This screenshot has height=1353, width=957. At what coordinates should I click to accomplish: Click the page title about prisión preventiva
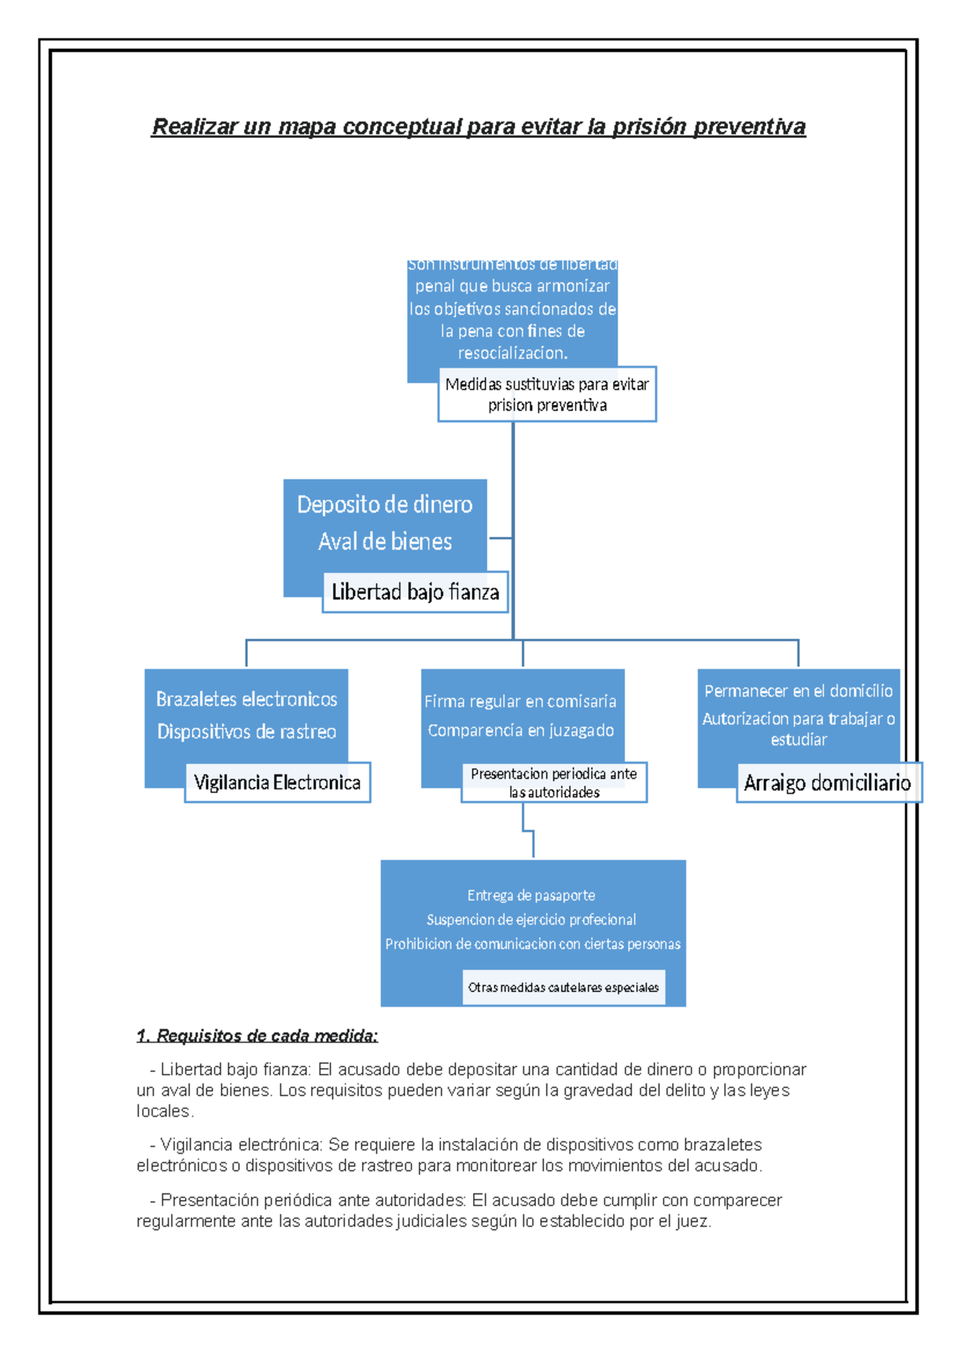[x=478, y=127]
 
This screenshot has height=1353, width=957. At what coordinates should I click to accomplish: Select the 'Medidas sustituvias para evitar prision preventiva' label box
[x=547, y=394]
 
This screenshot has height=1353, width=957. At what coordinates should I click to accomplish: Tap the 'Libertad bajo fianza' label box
[x=415, y=592]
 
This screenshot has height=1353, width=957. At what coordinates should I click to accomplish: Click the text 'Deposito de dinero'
[x=384, y=504]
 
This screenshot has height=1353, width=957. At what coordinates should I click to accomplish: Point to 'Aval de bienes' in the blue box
[x=384, y=542]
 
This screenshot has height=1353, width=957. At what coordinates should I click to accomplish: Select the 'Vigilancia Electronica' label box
[x=277, y=783]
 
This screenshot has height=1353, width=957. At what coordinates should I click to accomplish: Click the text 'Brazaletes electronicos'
[x=246, y=700]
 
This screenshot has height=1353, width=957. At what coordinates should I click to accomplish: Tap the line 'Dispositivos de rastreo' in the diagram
[x=246, y=732]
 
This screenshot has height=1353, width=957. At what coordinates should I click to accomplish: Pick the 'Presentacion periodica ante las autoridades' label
[x=553, y=783]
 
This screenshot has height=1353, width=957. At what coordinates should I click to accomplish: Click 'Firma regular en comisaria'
[x=520, y=701]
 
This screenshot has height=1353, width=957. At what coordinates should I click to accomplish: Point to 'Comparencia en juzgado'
[x=520, y=730]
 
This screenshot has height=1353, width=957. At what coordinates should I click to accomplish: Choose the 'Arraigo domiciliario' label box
[x=827, y=783]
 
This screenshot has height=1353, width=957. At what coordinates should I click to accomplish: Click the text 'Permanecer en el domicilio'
[x=798, y=691]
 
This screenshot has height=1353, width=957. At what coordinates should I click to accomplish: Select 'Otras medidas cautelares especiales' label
[x=563, y=988]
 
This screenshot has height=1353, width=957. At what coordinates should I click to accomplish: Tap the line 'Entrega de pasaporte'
[x=531, y=895]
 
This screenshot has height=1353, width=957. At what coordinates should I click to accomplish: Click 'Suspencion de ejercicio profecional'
[x=531, y=920]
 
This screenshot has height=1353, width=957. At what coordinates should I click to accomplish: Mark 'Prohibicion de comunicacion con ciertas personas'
[x=533, y=944]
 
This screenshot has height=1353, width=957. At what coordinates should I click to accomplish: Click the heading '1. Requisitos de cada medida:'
[x=257, y=1035]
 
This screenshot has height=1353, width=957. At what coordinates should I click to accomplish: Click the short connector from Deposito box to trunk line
[x=499, y=538]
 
